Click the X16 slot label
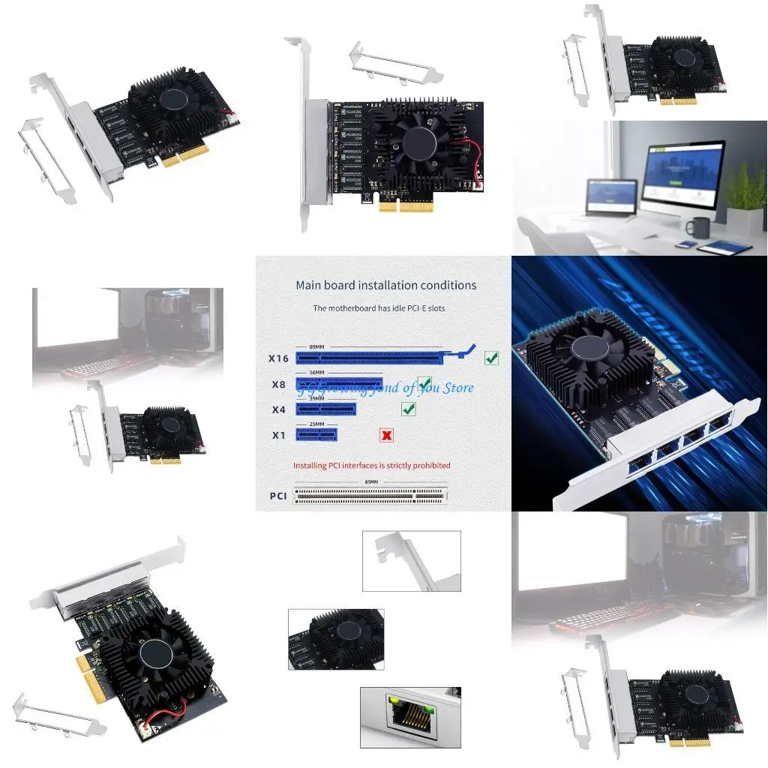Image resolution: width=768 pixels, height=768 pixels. click(x=278, y=358)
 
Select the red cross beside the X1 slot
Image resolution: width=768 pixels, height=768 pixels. click(x=387, y=435)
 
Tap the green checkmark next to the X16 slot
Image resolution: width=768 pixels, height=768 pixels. click(x=491, y=358)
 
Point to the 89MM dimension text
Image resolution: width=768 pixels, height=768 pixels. click(x=317, y=346)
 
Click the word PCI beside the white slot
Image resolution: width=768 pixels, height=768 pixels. click(x=278, y=496)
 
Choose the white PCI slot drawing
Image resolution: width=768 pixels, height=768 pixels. click(x=370, y=495)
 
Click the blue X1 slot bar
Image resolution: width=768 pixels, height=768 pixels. click(x=316, y=434)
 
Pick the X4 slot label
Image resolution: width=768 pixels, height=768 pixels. click(x=278, y=409)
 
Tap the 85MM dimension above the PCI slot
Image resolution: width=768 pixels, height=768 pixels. click(x=370, y=482)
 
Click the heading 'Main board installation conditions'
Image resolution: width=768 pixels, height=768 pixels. click(x=385, y=285)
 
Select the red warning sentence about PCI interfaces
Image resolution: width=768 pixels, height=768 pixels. click(x=371, y=466)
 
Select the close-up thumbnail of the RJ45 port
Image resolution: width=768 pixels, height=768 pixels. click(x=410, y=717)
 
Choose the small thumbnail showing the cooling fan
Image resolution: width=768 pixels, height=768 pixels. click(x=336, y=639)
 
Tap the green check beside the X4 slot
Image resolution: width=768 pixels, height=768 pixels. click(x=409, y=409)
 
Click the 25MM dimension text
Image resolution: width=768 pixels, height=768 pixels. click(x=316, y=424)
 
